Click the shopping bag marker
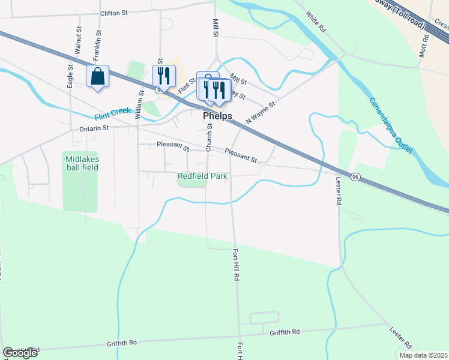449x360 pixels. [x=97, y=77]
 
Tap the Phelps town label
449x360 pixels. [x=217, y=116]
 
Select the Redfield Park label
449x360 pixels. [x=202, y=176]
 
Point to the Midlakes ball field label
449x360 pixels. [x=82, y=163]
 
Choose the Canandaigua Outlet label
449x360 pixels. [x=391, y=125]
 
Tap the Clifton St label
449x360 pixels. [x=115, y=13]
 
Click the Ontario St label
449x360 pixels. [x=94, y=128]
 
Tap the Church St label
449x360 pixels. [x=209, y=137]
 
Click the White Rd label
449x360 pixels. [x=315, y=21]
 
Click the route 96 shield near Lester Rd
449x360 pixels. [x=355, y=177]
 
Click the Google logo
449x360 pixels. [x=21, y=353]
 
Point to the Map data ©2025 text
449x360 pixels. [x=423, y=355]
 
